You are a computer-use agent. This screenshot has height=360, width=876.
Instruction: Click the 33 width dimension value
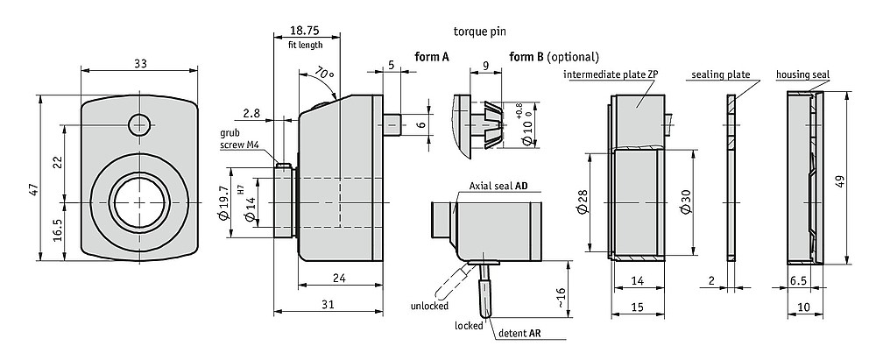pos(140,64)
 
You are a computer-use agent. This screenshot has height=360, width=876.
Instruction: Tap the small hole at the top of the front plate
pos(139,124)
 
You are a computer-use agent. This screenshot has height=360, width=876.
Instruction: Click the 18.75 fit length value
pos(306,31)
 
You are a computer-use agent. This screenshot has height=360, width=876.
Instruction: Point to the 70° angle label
pos(324,74)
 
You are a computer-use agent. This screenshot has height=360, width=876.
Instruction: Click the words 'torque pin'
pos(480,32)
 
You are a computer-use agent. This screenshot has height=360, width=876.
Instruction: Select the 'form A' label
pos(432,56)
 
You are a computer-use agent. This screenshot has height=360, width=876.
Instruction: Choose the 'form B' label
pos(526,56)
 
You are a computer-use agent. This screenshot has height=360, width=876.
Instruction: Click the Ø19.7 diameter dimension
pos(224,204)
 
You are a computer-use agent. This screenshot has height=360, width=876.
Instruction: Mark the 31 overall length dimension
pos(328,304)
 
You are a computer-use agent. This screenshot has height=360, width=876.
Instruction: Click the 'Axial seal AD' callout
pos(499,185)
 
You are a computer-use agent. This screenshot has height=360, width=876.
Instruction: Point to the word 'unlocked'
pos(429,306)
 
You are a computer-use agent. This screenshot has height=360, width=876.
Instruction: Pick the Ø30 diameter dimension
pos(686,201)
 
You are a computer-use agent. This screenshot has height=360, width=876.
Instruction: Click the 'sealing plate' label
pos(721,74)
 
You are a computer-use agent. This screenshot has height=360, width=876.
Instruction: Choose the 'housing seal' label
pos(802,74)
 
